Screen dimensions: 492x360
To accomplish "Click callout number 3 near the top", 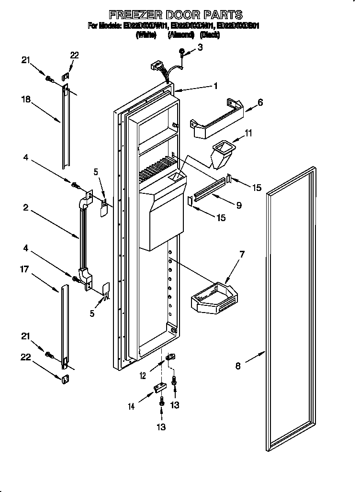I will [x=200, y=47].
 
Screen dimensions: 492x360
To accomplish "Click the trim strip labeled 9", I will [x=209, y=190].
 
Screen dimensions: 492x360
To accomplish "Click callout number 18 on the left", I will [x=25, y=100].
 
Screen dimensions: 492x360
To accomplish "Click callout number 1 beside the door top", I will [x=215, y=86].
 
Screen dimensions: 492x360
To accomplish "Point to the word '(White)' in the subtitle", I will [x=146, y=34].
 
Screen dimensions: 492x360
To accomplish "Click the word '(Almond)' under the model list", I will [x=178, y=34].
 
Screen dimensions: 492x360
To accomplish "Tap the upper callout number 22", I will [x=74, y=56].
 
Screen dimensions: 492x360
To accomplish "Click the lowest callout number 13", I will [x=162, y=426].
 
